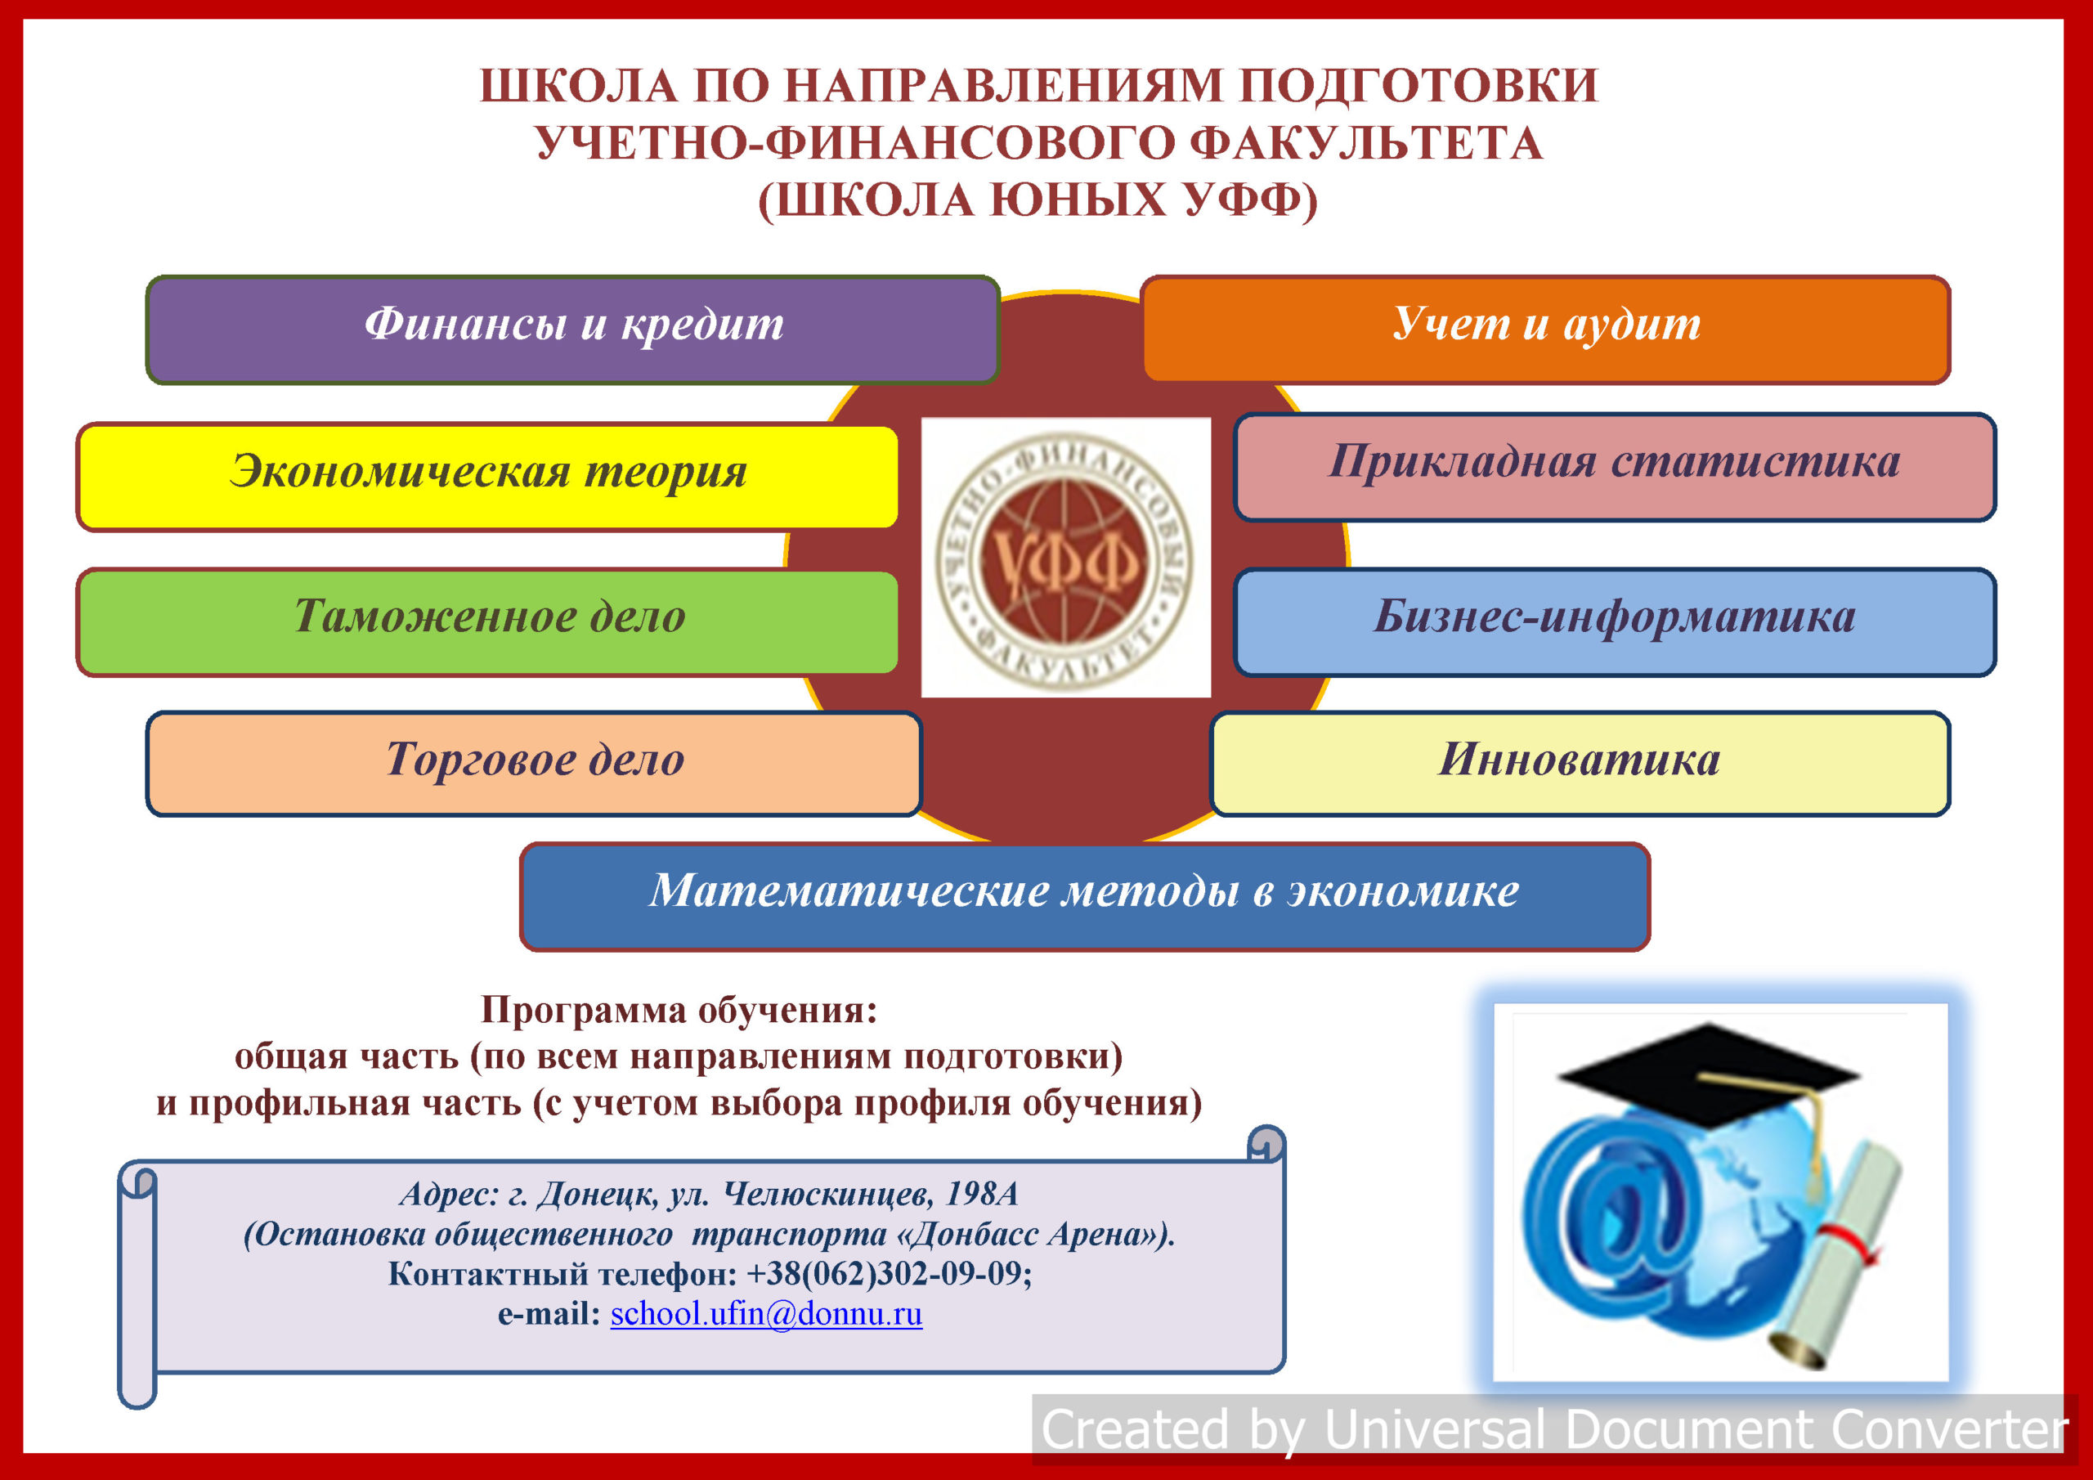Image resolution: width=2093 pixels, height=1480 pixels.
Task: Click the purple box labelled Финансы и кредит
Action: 572,330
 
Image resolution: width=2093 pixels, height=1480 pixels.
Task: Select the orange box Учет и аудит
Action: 1545,330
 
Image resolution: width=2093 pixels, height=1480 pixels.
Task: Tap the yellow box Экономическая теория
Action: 488,477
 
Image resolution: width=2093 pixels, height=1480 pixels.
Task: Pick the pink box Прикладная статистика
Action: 1615,467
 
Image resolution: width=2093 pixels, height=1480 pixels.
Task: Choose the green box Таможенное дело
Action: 488,622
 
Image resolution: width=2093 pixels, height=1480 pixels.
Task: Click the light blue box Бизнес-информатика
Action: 1615,622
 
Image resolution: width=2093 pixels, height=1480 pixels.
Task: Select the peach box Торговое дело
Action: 534,763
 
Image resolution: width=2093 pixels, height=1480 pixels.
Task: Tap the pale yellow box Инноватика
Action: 1580,763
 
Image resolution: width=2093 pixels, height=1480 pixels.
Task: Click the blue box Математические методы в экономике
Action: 1085,896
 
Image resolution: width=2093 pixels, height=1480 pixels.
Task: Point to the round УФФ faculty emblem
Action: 1064,558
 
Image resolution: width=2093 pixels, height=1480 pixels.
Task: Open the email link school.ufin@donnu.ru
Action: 766,1314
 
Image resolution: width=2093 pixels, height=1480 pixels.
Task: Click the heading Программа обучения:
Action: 679,1010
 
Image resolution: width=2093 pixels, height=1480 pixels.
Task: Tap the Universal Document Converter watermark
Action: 1554,1428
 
